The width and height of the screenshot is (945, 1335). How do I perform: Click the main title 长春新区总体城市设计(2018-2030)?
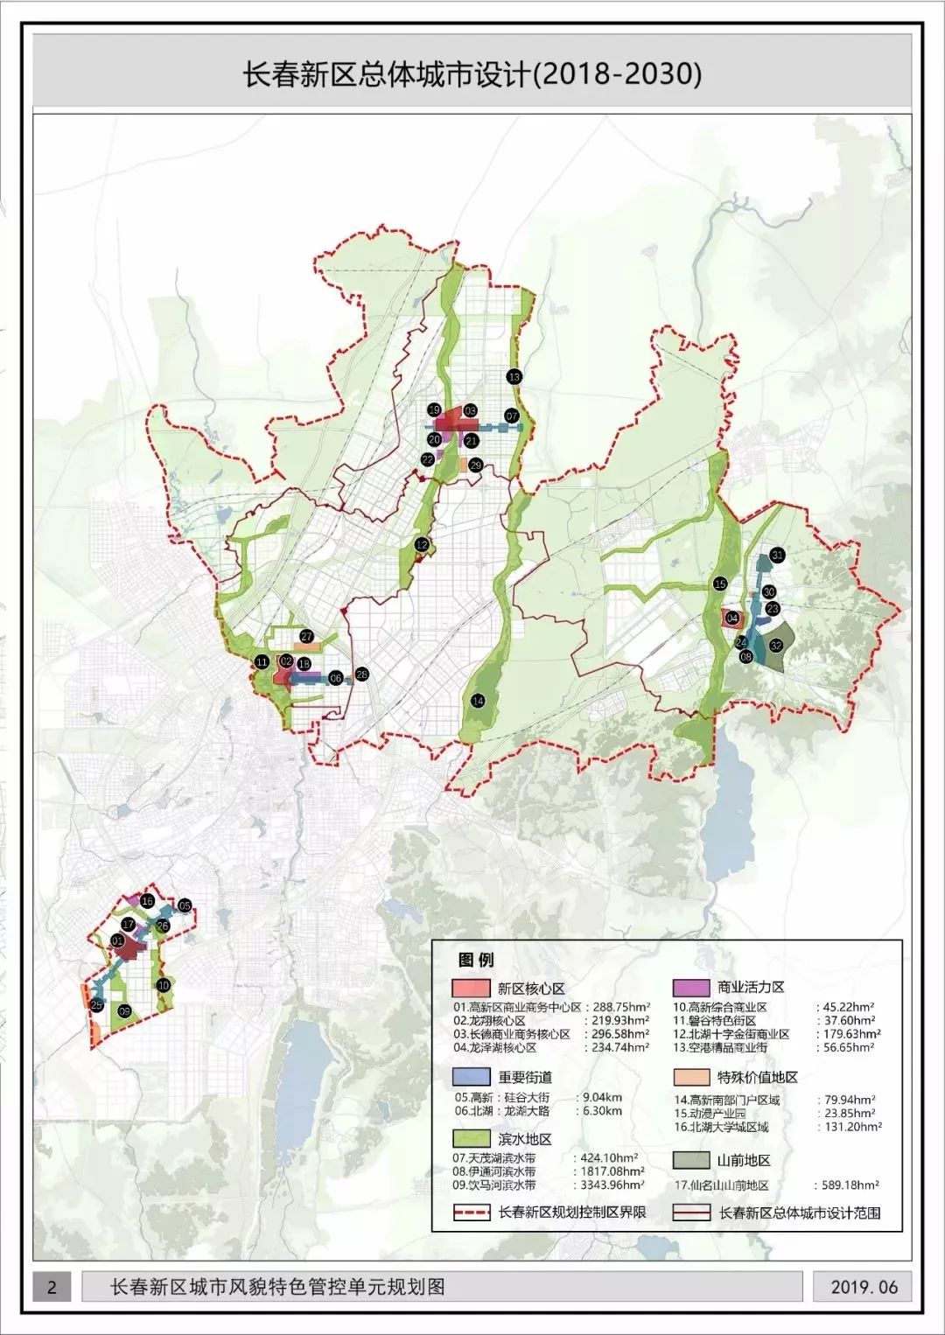(x=472, y=73)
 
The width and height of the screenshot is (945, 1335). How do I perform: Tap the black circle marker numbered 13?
(x=514, y=376)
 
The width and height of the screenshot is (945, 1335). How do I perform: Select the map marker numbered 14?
(x=478, y=701)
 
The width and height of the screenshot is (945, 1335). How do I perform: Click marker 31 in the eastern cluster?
(x=776, y=555)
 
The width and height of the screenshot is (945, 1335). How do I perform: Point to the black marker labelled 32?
(x=775, y=646)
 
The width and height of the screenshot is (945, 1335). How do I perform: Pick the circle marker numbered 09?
(x=125, y=1011)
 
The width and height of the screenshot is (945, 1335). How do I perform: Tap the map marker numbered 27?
(x=306, y=637)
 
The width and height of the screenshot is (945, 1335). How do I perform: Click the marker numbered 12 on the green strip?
(x=422, y=544)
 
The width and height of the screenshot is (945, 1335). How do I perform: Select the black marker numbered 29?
(x=475, y=465)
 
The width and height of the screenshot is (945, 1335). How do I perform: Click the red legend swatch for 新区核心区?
(x=471, y=988)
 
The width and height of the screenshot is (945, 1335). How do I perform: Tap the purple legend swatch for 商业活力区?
(x=690, y=987)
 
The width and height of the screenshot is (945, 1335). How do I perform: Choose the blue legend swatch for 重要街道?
(x=471, y=1077)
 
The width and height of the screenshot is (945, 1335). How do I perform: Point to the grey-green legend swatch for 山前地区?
(x=690, y=1160)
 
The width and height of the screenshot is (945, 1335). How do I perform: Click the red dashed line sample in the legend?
(x=471, y=1213)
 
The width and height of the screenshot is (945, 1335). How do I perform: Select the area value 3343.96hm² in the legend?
(x=612, y=1185)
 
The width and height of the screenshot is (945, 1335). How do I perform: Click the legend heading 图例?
(x=475, y=960)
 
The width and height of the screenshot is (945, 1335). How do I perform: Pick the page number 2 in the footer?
(x=52, y=1287)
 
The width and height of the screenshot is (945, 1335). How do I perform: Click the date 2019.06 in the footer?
(x=864, y=1287)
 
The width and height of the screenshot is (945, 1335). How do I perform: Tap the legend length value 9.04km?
(x=601, y=1097)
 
